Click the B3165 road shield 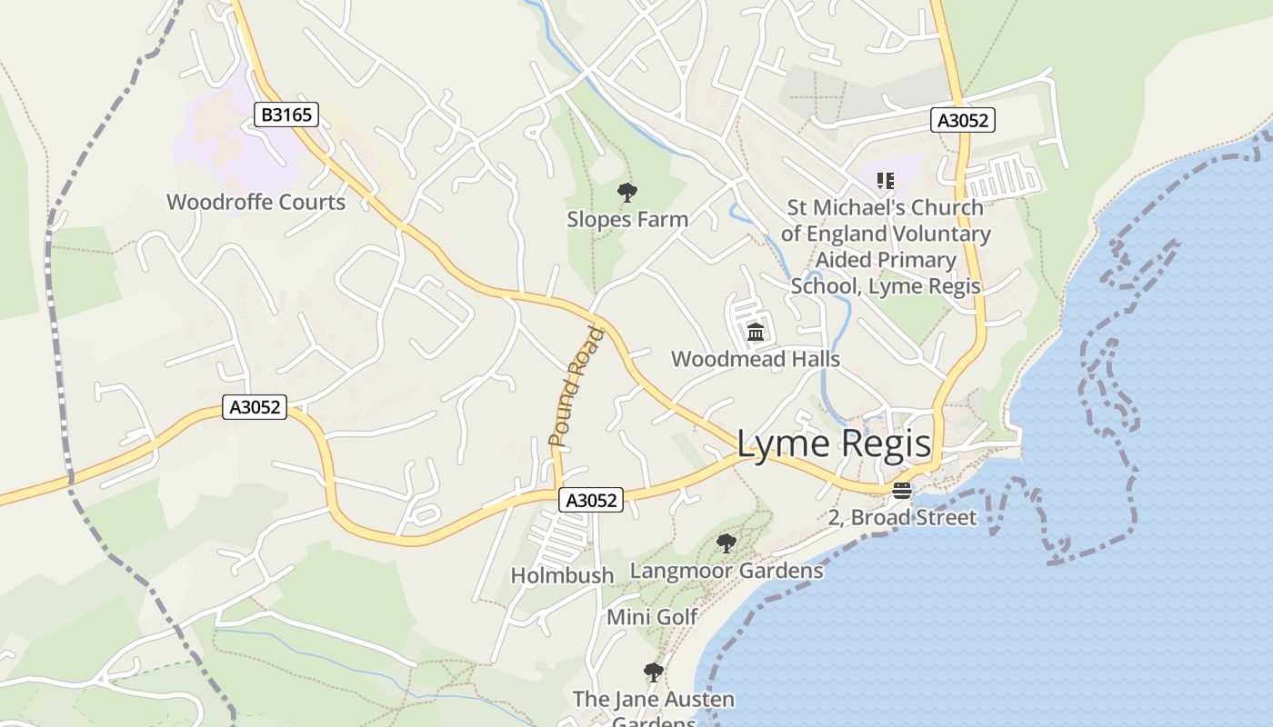pos(286,115)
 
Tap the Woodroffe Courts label pos(256,202)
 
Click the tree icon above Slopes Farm pos(626,192)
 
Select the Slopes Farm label pos(627,219)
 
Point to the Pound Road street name pos(576,386)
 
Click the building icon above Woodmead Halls pos(756,332)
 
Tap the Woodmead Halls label pos(756,359)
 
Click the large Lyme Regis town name pos(833,443)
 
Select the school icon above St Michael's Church pos(885,181)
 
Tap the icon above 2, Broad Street pos(901,491)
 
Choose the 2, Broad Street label pos(902,518)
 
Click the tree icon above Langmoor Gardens pos(726,543)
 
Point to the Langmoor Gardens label pos(727,571)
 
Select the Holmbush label pos(562,575)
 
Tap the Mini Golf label pos(652,617)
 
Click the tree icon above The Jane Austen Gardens pos(653,672)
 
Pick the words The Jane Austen pos(653,700)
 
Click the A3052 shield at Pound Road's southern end pos(591,500)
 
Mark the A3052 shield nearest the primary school pos(963,120)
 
